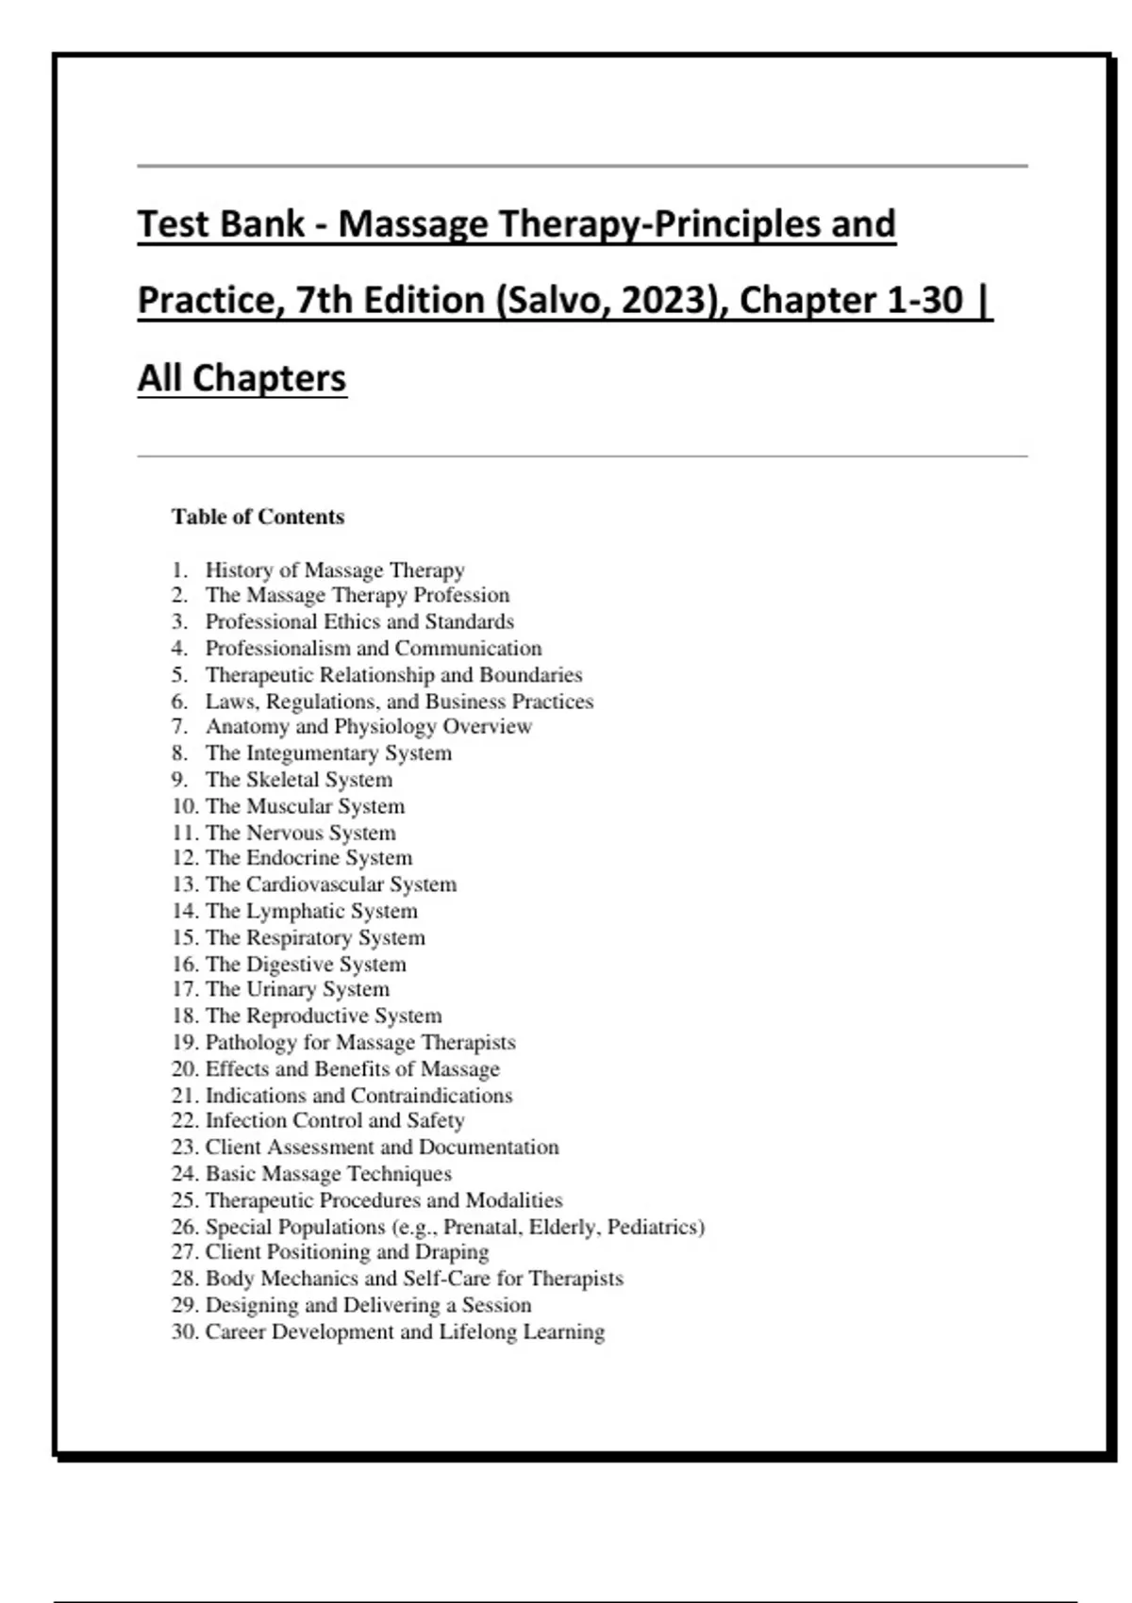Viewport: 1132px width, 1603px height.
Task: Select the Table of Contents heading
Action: pos(258,517)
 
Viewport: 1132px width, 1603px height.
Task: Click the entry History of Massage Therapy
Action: pos(335,570)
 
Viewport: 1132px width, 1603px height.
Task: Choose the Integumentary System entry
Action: pos(328,752)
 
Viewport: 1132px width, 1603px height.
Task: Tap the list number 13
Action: pos(184,884)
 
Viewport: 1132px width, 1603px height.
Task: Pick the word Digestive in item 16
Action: pos(290,964)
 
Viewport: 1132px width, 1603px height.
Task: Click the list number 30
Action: pos(184,1331)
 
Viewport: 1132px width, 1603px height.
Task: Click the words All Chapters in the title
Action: pos(242,378)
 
